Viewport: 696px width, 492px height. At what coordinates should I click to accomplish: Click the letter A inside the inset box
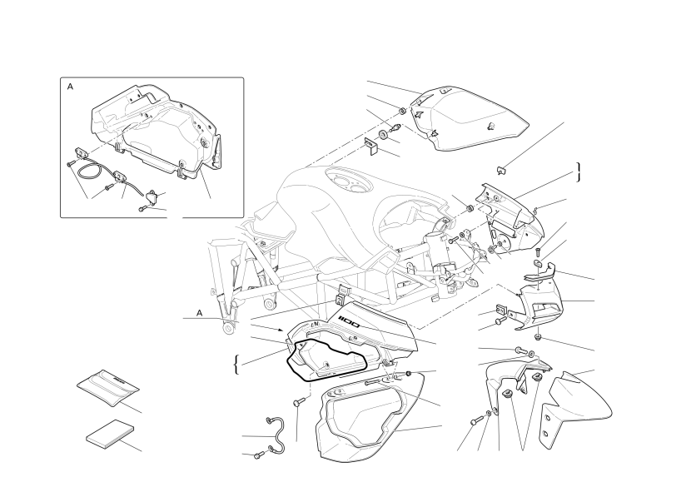(x=70, y=87)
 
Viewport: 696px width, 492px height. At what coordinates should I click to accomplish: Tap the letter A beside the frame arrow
(x=200, y=313)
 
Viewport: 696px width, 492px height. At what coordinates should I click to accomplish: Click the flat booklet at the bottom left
(x=110, y=432)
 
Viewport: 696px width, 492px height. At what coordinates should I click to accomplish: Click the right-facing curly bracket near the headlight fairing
(x=579, y=172)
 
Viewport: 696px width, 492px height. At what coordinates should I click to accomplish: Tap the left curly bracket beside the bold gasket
(x=236, y=365)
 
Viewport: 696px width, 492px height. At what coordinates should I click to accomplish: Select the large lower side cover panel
(x=370, y=417)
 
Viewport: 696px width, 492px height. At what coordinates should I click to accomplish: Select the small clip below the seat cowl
(x=500, y=170)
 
